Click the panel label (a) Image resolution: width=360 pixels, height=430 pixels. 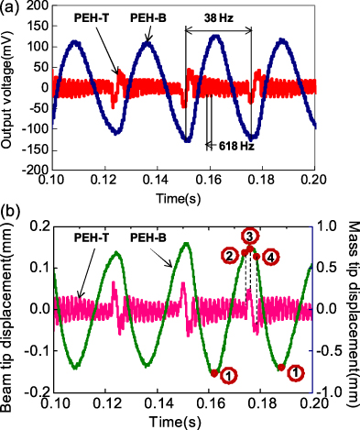[x=11, y=8]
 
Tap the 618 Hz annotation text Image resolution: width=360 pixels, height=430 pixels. [x=234, y=145]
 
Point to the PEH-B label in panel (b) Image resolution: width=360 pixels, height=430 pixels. [x=150, y=236]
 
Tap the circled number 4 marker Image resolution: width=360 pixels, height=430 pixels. [x=270, y=257]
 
